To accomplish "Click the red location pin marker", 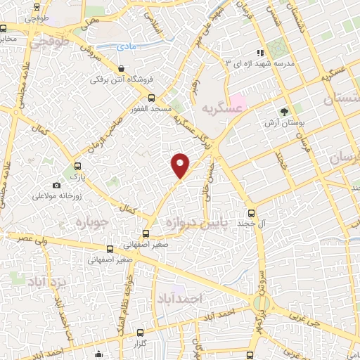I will (x=181, y=165).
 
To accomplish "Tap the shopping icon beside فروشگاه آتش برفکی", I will (x=122, y=69).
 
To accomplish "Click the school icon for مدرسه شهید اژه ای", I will (x=259, y=53).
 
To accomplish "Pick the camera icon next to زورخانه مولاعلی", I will (x=56, y=185).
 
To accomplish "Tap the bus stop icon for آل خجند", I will (x=250, y=212).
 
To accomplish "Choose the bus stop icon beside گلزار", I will (x=140, y=332).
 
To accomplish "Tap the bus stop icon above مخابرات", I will (x=4, y=29).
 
